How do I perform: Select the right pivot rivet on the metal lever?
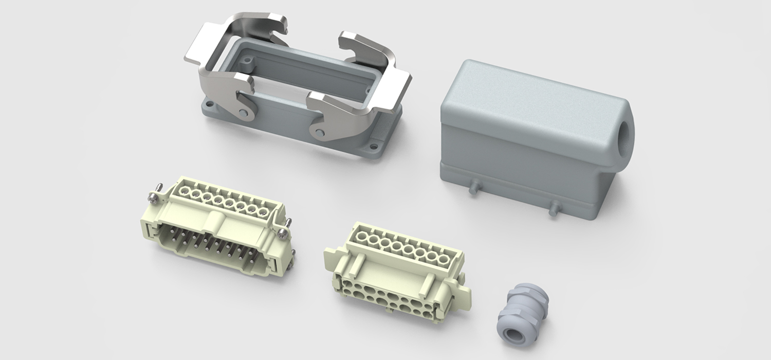point(321,133)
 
